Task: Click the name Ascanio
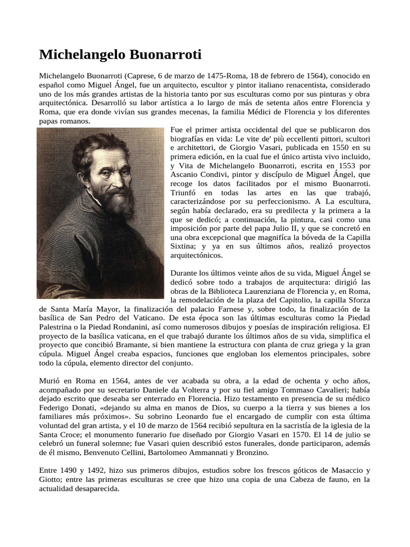click(x=186, y=174)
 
